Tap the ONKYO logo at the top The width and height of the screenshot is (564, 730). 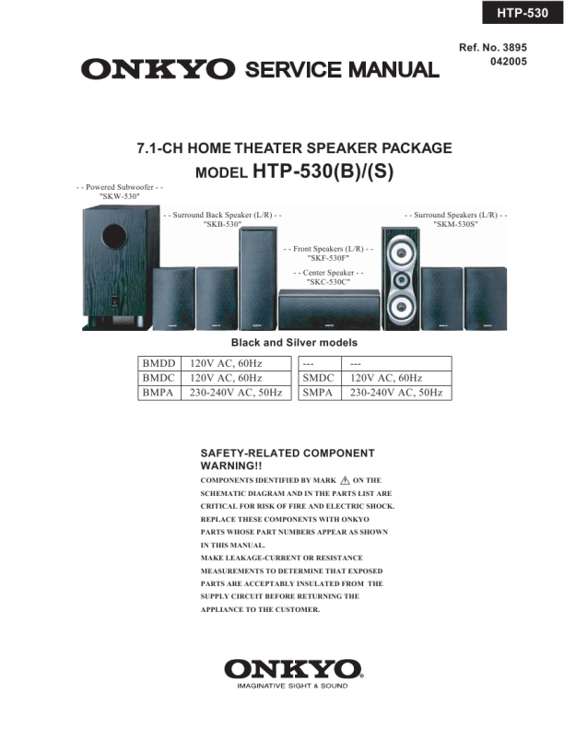[158, 69]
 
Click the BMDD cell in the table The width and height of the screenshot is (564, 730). [159, 364]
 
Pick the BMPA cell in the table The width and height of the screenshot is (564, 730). [159, 393]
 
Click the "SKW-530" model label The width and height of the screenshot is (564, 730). [119, 197]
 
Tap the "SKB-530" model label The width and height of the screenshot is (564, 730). [222, 224]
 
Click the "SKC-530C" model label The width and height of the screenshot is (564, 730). [329, 282]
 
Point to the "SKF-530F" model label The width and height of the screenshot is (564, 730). [329, 259]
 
